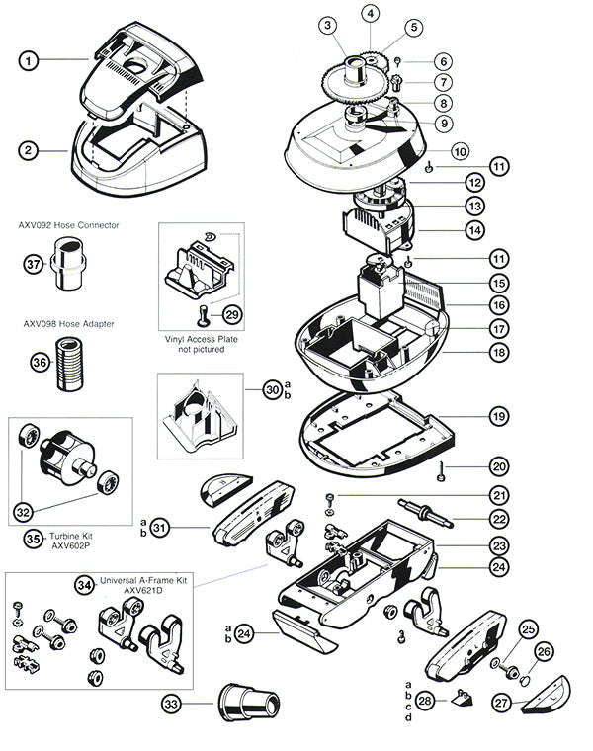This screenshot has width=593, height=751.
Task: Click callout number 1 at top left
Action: [x=32, y=60]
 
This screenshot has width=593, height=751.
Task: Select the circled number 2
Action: [x=32, y=150]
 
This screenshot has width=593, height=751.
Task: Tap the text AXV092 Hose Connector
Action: [x=68, y=225]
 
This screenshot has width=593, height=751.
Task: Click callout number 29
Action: [x=232, y=314]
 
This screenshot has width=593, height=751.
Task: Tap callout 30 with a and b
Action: [x=273, y=390]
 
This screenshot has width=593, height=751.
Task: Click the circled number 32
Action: [x=25, y=512]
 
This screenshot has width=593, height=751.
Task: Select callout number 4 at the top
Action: [x=371, y=14]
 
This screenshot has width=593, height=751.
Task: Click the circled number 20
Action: [x=499, y=466]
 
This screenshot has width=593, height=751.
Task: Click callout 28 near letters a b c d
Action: [x=426, y=700]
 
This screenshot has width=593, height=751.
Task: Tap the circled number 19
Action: [x=499, y=417]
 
